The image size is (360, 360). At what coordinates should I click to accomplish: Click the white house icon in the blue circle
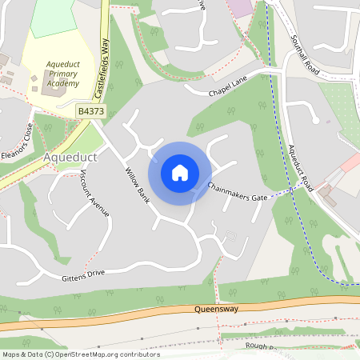point(180,172)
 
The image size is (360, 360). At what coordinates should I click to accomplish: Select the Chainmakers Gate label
point(237,190)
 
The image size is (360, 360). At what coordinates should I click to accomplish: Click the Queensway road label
point(216,308)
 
